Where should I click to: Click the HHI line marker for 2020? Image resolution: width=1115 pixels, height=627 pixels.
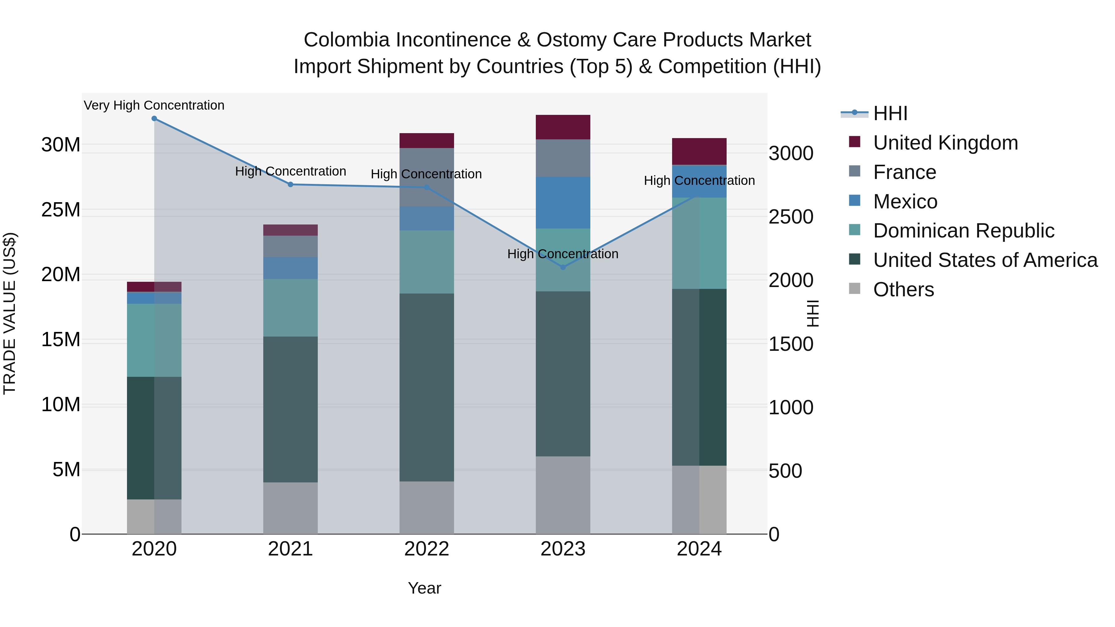point(154,119)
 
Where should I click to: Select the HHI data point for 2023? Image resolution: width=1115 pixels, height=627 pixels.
point(563,268)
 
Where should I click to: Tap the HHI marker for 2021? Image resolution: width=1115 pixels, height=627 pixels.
point(291,184)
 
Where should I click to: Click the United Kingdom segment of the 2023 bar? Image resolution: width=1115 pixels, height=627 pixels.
point(563,127)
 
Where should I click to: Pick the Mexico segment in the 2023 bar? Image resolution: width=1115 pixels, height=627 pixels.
point(563,202)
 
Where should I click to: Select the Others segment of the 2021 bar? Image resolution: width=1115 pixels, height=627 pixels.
point(291,508)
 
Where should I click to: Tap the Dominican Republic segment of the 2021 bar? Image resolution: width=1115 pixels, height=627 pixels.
point(291,308)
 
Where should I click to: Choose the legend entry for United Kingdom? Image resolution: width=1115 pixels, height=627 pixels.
point(945,143)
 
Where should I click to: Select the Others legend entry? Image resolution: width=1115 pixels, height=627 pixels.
point(903,290)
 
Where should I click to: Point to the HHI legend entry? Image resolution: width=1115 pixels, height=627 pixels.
point(890,113)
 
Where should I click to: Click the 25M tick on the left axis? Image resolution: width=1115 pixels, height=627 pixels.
point(61,210)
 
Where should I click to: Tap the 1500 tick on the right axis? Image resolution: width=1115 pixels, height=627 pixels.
point(790,344)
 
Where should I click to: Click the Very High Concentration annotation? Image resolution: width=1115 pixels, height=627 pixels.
point(154,105)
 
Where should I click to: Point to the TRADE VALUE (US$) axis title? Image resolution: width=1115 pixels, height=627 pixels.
point(10,313)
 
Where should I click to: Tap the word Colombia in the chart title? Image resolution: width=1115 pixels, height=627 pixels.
point(346,40)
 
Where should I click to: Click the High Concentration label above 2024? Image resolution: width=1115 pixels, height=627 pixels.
point(699,181)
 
